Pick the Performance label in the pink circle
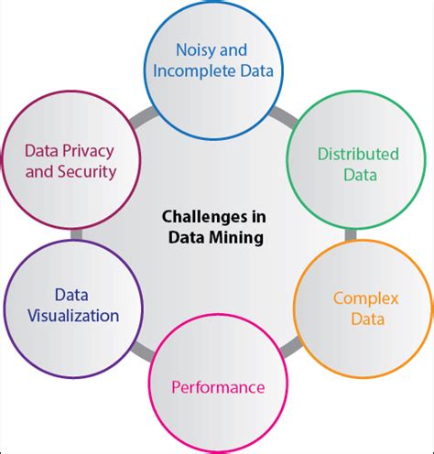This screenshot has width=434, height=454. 218,386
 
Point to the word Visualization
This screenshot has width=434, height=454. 73,316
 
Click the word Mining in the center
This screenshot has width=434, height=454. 236,238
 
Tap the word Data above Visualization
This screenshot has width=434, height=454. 72,296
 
